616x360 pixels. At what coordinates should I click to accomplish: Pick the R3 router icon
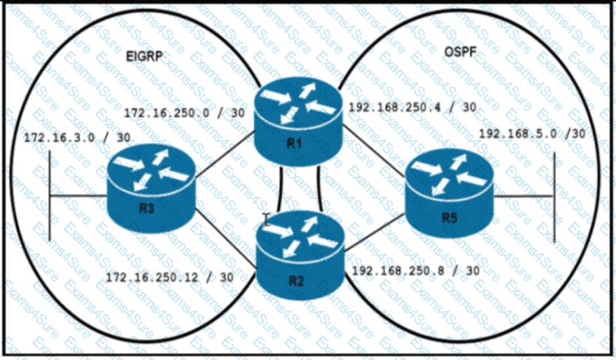click(151, 189)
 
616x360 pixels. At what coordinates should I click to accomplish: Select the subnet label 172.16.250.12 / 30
click(169, 277)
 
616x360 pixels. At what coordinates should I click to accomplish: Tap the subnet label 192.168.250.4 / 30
click(413, 107)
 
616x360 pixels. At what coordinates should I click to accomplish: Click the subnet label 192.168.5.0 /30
click(533, 134)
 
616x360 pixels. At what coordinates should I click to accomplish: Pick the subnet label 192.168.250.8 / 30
click(416, 270)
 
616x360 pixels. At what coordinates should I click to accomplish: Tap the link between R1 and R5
click(371, 150)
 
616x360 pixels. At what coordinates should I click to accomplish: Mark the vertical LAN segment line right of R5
click(554, 196)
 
